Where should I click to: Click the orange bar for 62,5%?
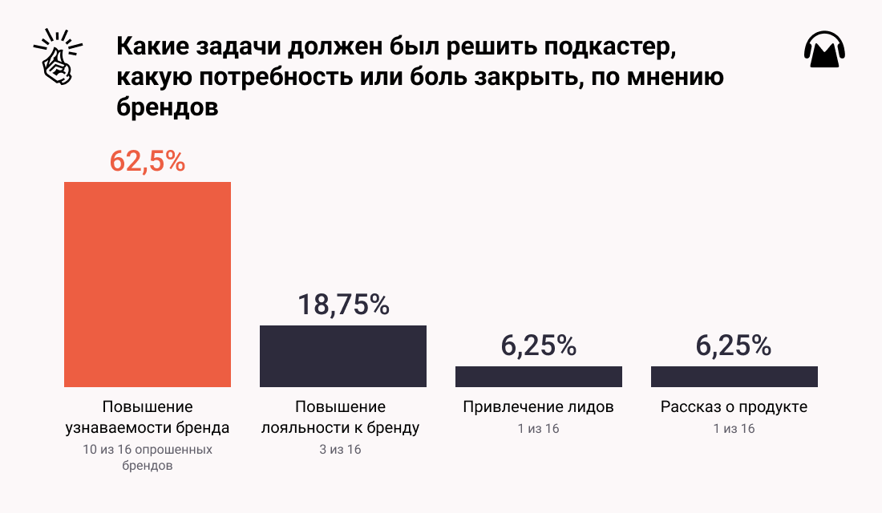[148, 285]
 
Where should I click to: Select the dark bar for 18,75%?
[342, 356]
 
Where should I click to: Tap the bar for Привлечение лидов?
[538, 377]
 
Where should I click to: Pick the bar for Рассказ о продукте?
[734, 377]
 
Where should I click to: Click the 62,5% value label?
[148, 160]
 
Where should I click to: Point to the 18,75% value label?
[343, 305]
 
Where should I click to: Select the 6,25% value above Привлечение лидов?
[538, 345]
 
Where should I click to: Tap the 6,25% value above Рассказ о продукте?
[734, 345]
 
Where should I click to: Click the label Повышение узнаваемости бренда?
[148, 417]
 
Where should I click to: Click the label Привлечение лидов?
[538, 407]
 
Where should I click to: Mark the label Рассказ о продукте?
[734, 407]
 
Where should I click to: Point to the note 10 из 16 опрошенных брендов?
[148, 457]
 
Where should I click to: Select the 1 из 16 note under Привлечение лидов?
[538, 429]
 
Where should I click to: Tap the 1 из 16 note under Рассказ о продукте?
[734, 429]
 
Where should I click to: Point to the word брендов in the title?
[168, 107]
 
